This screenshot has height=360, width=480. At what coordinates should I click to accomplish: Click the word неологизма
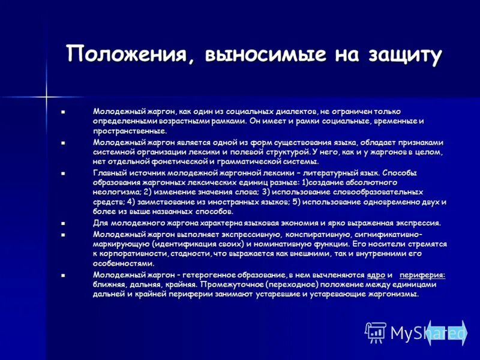(117, 192)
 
